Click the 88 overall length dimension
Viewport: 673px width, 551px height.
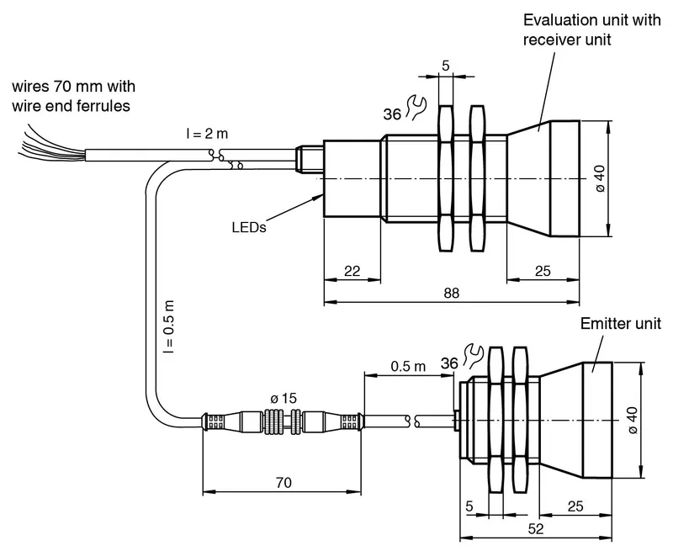pos(452,293)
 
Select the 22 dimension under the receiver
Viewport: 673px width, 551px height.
pos(352,271)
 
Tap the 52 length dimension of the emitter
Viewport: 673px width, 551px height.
pos(536,528)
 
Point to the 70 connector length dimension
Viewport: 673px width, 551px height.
pos(284,483)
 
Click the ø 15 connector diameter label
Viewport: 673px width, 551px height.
pos(284,398)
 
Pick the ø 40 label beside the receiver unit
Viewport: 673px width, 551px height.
pos(600,179)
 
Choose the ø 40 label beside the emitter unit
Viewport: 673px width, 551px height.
pos(633,420)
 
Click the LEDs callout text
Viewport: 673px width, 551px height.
pos(249,227)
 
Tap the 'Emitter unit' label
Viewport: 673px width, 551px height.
pos(621,324)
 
